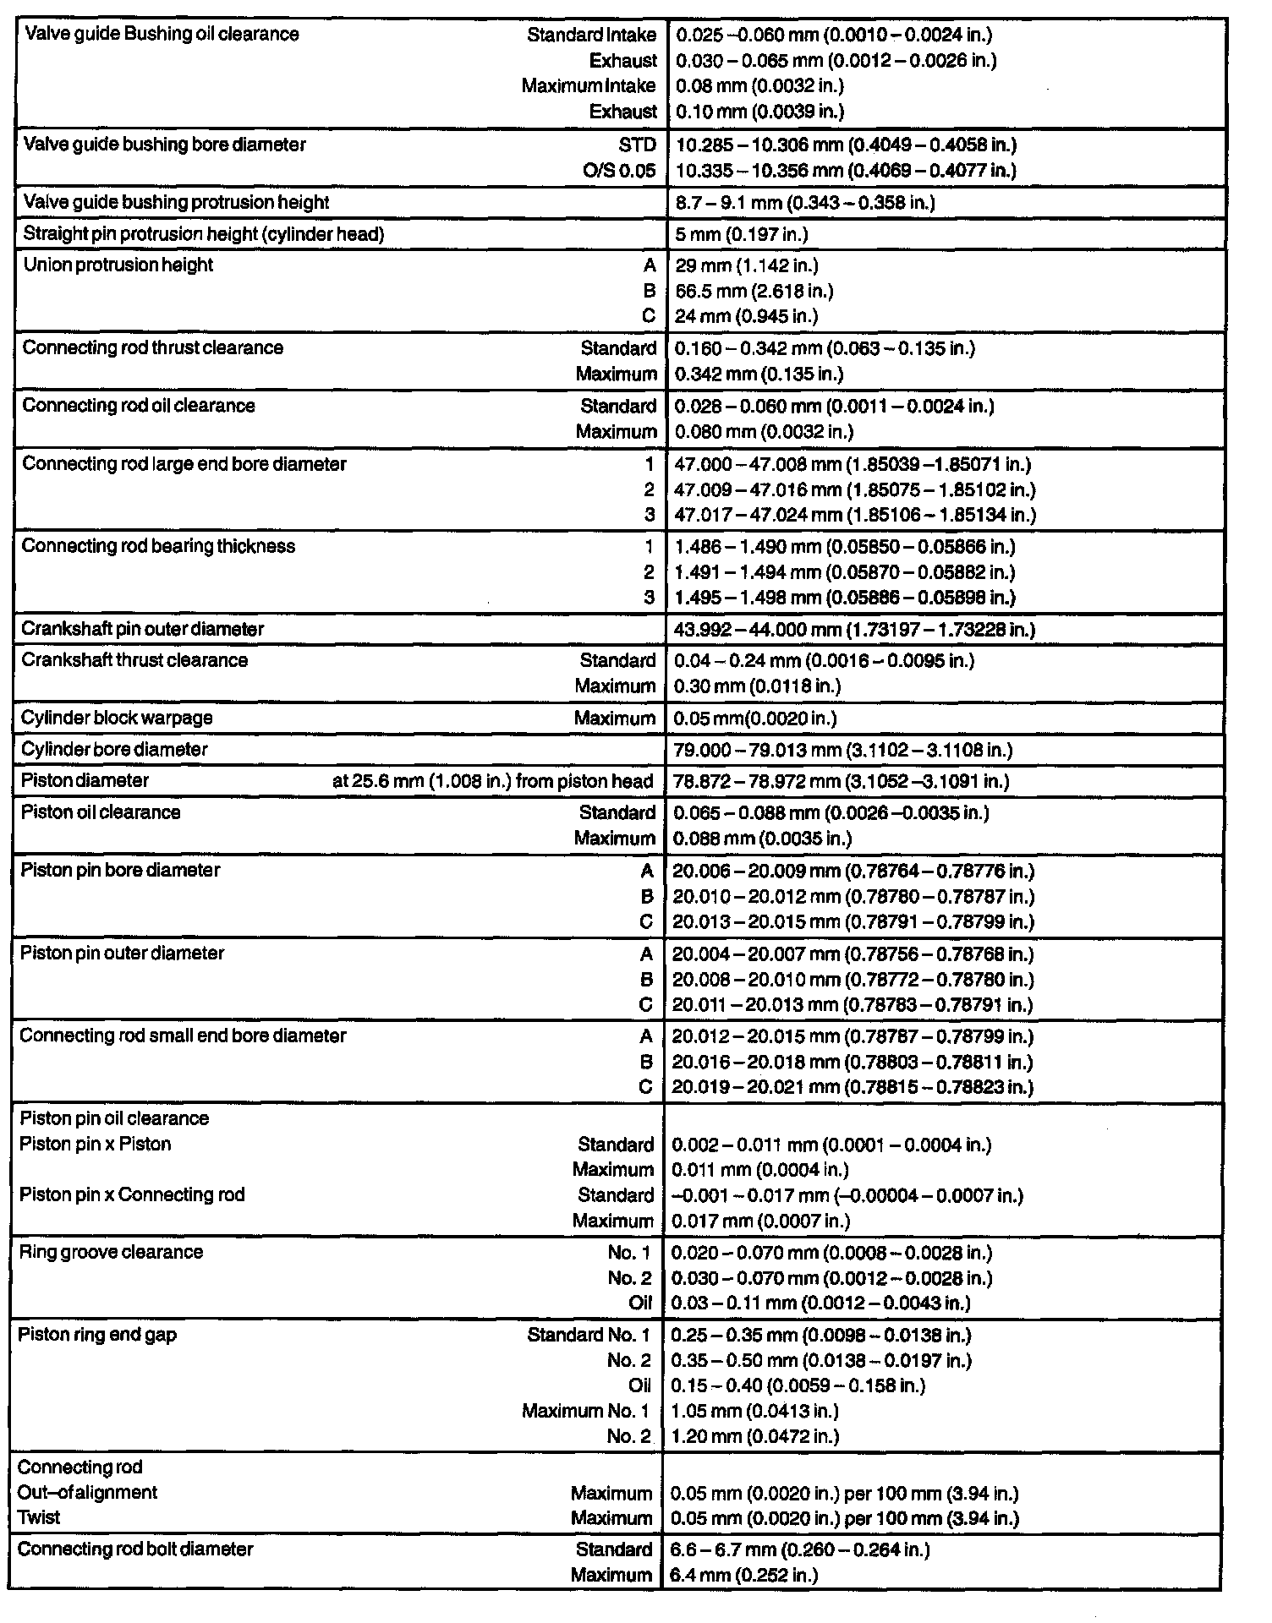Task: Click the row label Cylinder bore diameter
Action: [x=114, y=750]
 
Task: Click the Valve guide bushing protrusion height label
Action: [x=176, y=203]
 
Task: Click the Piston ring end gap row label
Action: [x=97, y=1335]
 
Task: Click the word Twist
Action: [x=39, y=1517]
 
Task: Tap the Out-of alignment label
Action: [x=87, y=1493]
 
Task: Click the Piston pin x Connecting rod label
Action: [x=132, y=1195]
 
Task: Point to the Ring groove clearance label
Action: [x=111, y=1252]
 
